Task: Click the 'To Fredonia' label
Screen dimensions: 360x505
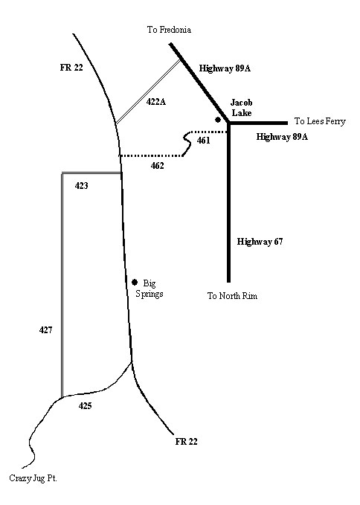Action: (x=169, y=30)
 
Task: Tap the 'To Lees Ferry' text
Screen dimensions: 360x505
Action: (x=320, y=121)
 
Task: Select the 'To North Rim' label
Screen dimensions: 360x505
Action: (x=233, y=296)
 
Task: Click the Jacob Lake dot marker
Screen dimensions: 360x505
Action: (x=218, y=120)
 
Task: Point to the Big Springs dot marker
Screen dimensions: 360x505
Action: (x=135, y=283)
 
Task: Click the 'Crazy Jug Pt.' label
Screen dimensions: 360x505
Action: (x=33, y=478)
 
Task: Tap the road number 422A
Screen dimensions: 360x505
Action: (x=156, y=102)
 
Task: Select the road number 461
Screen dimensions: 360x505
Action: (x=204, y=141)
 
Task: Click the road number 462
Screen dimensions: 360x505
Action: (x=158, y=166)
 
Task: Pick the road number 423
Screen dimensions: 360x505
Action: (x=82, y=185)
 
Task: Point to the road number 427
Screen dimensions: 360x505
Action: (x=45, y=329)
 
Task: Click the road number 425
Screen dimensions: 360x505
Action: (x=86, y=406)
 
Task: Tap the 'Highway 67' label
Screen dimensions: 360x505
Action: (x=260, y=242)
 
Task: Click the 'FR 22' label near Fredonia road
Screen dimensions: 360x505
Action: (x=71, y=68)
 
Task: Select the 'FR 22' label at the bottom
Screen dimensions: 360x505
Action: (x=187, y=441)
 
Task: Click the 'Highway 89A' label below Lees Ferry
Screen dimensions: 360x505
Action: (x=282, y=137)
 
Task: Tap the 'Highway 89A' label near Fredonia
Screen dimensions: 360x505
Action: (x=225, y=68)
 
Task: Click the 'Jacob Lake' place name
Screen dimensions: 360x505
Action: (x=242, y=108)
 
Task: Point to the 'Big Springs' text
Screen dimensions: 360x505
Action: (x=150, y=289)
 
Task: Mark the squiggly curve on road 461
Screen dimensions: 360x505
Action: (x=187, y=144)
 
